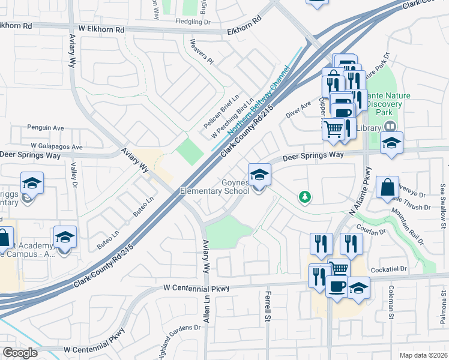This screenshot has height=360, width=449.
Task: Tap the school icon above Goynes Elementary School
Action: [x=259, y=175]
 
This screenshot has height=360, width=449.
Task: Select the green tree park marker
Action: [x=305, y=197]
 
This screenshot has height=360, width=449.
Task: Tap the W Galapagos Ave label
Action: [x=58, y=146]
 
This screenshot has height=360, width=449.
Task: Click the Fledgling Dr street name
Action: [x=191, y=22]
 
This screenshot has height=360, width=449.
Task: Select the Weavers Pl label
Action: [x=201, y=52]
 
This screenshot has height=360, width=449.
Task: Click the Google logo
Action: [x=20, y=352]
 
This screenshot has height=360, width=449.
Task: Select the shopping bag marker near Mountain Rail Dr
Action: [x=388, y=187]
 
